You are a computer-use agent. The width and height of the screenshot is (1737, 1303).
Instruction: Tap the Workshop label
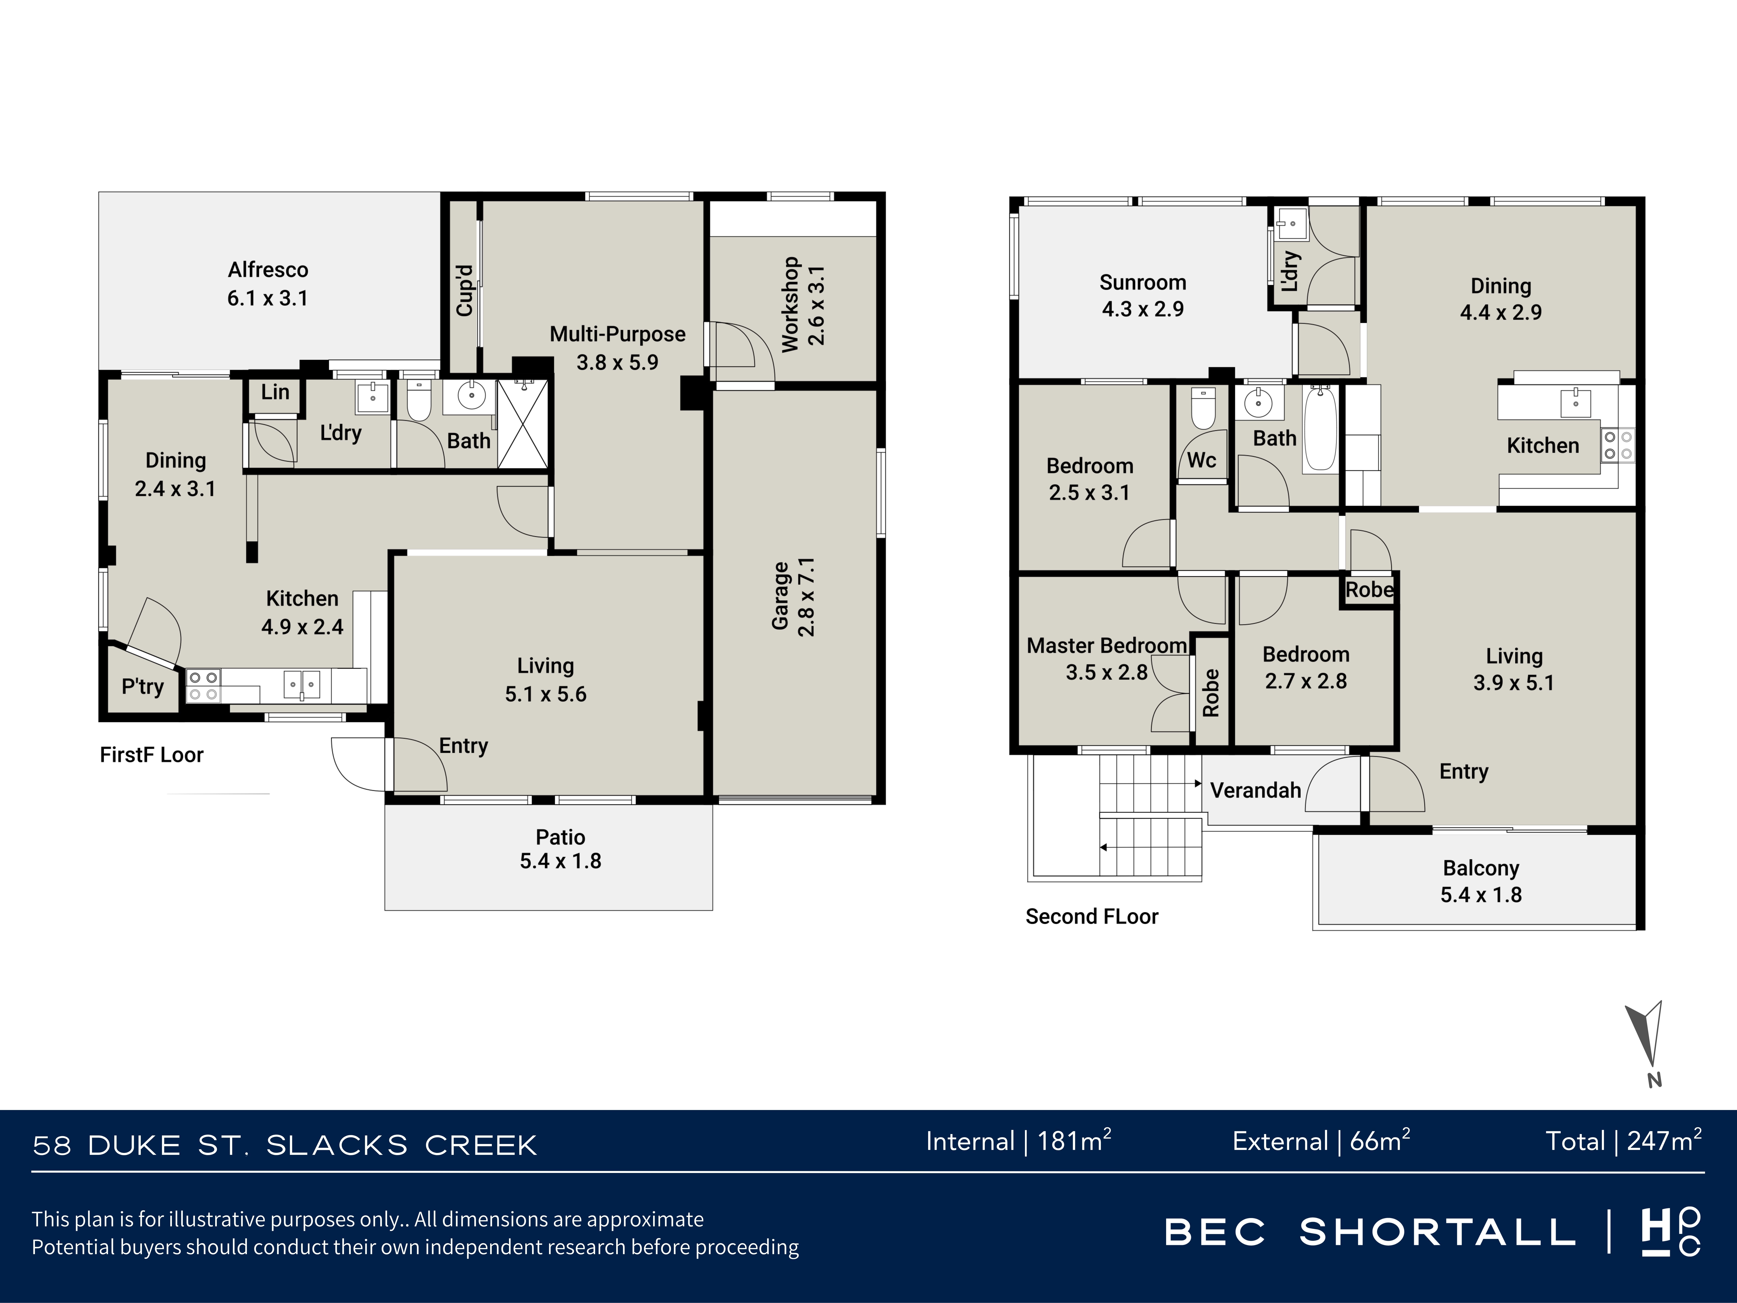[790, 305]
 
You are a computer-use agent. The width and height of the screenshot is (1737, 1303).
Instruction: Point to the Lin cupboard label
[275, 392]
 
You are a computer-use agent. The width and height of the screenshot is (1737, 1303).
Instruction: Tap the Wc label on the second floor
[1201, 460]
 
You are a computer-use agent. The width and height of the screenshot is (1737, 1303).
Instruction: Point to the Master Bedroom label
[1107, 646]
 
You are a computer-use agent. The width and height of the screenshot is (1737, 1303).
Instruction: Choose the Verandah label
[1256, 790]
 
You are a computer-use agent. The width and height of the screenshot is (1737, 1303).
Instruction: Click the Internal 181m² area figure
[1019, 1140]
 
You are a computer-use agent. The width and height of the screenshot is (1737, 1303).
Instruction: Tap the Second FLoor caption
[1091, 917]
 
